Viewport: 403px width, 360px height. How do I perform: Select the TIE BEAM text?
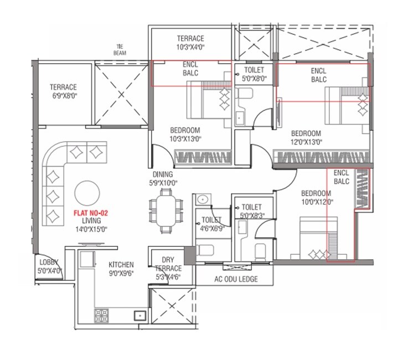(x=119, y=50)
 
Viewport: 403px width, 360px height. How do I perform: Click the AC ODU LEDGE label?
(x=236, y=279)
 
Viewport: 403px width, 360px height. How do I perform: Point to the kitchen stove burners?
(x=101, y=316)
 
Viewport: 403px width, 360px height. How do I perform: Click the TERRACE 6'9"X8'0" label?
(x=63, y=91)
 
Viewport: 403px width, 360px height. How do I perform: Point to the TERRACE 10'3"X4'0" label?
(x=190, y=43)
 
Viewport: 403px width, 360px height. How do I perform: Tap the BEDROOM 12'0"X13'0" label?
(x=306, y=137)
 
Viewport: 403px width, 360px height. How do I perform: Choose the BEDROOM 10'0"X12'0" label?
(x=316, y=197)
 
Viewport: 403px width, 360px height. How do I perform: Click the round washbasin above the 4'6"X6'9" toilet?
(x=203, y=198)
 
